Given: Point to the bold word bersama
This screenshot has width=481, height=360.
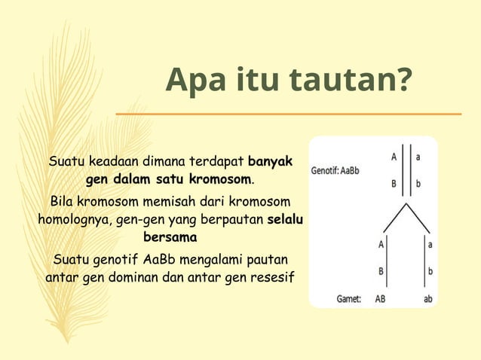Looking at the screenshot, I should [170, 238].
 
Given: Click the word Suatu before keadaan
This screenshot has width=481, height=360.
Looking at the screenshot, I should [66, 162].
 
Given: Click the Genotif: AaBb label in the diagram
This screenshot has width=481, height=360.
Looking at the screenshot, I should [335, 171].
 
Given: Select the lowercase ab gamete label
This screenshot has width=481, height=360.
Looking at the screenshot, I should [428, 298].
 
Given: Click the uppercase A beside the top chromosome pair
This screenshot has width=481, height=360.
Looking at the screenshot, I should [394, 157].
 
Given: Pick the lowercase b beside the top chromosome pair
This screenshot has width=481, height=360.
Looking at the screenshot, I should [419, 183].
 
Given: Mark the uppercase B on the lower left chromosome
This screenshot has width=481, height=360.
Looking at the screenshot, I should [381, 270].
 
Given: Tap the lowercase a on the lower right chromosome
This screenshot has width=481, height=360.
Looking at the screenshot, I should [430, 245].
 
